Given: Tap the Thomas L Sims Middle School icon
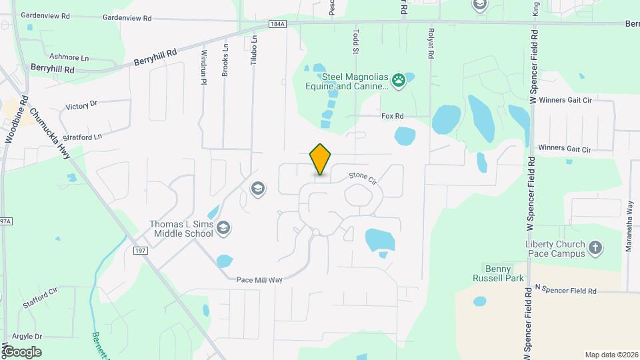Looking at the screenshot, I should point(224,229).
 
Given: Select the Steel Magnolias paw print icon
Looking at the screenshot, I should point(399,81).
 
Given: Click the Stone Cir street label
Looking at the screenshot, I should point(363,178).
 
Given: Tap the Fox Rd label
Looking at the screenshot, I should point(393,116).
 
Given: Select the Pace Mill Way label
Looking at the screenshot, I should point(259,280).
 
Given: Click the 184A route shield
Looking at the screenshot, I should point(278,24).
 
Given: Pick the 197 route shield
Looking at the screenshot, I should point(140,250).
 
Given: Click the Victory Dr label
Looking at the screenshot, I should point(81,105).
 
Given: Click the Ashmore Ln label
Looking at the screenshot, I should point(69,58).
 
